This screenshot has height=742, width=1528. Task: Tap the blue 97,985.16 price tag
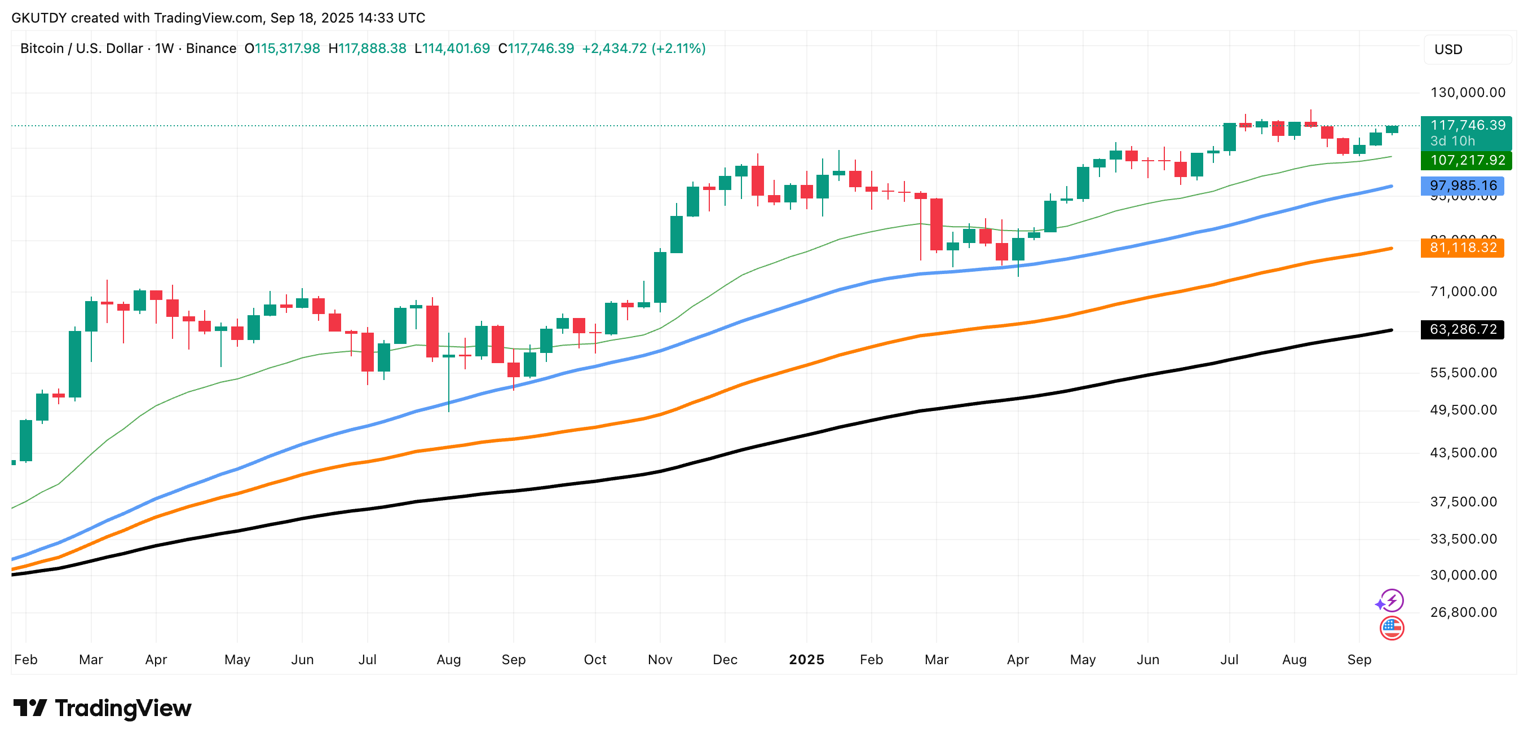pyautogui.click(x=1463, y=185)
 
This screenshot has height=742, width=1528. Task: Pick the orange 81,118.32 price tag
pyautogui.click(x=1463, y=248)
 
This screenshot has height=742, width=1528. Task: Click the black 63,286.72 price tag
pyautogui.click(x=1463, y=329)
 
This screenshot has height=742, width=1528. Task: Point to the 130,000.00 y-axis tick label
pyautogui.click(x=1468, y=92)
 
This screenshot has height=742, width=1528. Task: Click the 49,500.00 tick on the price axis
pyautogui.click(x=1463, y=410)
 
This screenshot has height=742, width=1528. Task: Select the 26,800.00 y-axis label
pyautogui.click(x=1463, y=612)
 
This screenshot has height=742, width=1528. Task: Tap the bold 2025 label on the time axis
pyautogui.click(x=806, y=660)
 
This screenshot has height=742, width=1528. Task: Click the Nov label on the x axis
pyautogui.click(x=660, y=660)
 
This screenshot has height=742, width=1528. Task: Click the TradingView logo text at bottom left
pyautogui.click(x=102, y=708)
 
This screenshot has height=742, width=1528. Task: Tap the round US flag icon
pyautogui.click(x=1392, y=628)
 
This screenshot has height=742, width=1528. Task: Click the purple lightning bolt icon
pyautogui.click(x=1391, y=601)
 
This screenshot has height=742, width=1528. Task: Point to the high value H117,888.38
pyautogui.click(x=367, y=48)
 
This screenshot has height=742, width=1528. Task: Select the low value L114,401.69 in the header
pyautogui.click(x=452, y=48)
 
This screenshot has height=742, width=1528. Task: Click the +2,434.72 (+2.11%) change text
pyautogui.click(x=643, y=48)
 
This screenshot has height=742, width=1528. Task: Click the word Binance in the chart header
pyautogui.click(x=211, y=48)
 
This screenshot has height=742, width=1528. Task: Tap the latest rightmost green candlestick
pyautogui.click(x=1392, y=129)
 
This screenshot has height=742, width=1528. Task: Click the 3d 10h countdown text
pyautogui.click(x=1452, y=141)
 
